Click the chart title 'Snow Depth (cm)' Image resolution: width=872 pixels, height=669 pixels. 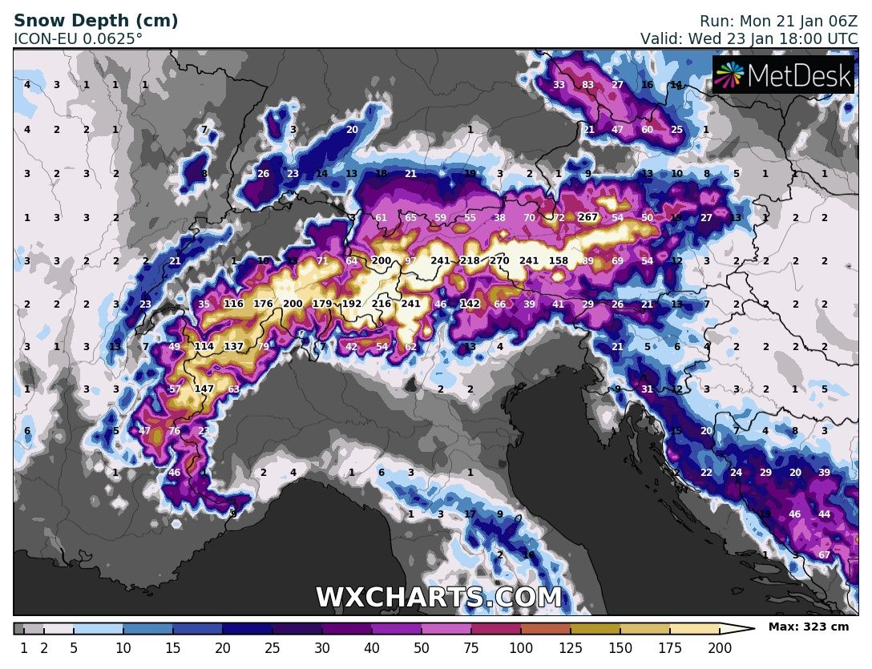click(96, 21)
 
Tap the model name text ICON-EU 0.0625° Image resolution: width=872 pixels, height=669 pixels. click(79, 38)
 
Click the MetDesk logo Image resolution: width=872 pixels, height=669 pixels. click(783, 75)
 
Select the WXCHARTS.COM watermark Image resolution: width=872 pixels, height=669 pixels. click(438, 598)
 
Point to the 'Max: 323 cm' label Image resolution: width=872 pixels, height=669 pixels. click(808, 627)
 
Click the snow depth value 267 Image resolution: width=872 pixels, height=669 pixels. click(588, 217)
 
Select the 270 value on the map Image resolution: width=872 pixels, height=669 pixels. click(499, 260)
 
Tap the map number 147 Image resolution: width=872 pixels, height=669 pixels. click(204, 389)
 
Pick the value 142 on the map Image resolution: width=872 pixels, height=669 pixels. click(470, 304)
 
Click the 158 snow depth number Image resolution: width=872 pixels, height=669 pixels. click(559, 260)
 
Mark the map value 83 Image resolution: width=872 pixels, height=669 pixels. click(587, 85)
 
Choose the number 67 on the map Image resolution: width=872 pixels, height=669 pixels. click(824, 555)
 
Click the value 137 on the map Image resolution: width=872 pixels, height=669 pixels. click(233, 346)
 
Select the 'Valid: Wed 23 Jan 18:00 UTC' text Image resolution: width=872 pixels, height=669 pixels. click(749, 38)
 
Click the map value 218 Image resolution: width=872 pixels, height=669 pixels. click(470, 260)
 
